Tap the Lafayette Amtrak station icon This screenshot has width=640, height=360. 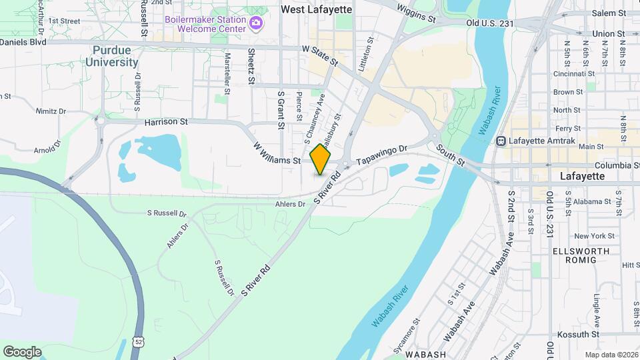(501, 141)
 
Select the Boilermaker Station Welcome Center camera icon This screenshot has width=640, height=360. (256, 25)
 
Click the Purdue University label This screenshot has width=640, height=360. (111, 56)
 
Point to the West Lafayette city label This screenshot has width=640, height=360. (315, 9)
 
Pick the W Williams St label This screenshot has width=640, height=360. (277, 153)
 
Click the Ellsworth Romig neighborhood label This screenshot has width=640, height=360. (581, 257)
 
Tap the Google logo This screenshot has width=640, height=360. (21, 351)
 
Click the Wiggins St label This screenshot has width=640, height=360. (420, 11)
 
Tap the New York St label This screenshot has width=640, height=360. (593, 235)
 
